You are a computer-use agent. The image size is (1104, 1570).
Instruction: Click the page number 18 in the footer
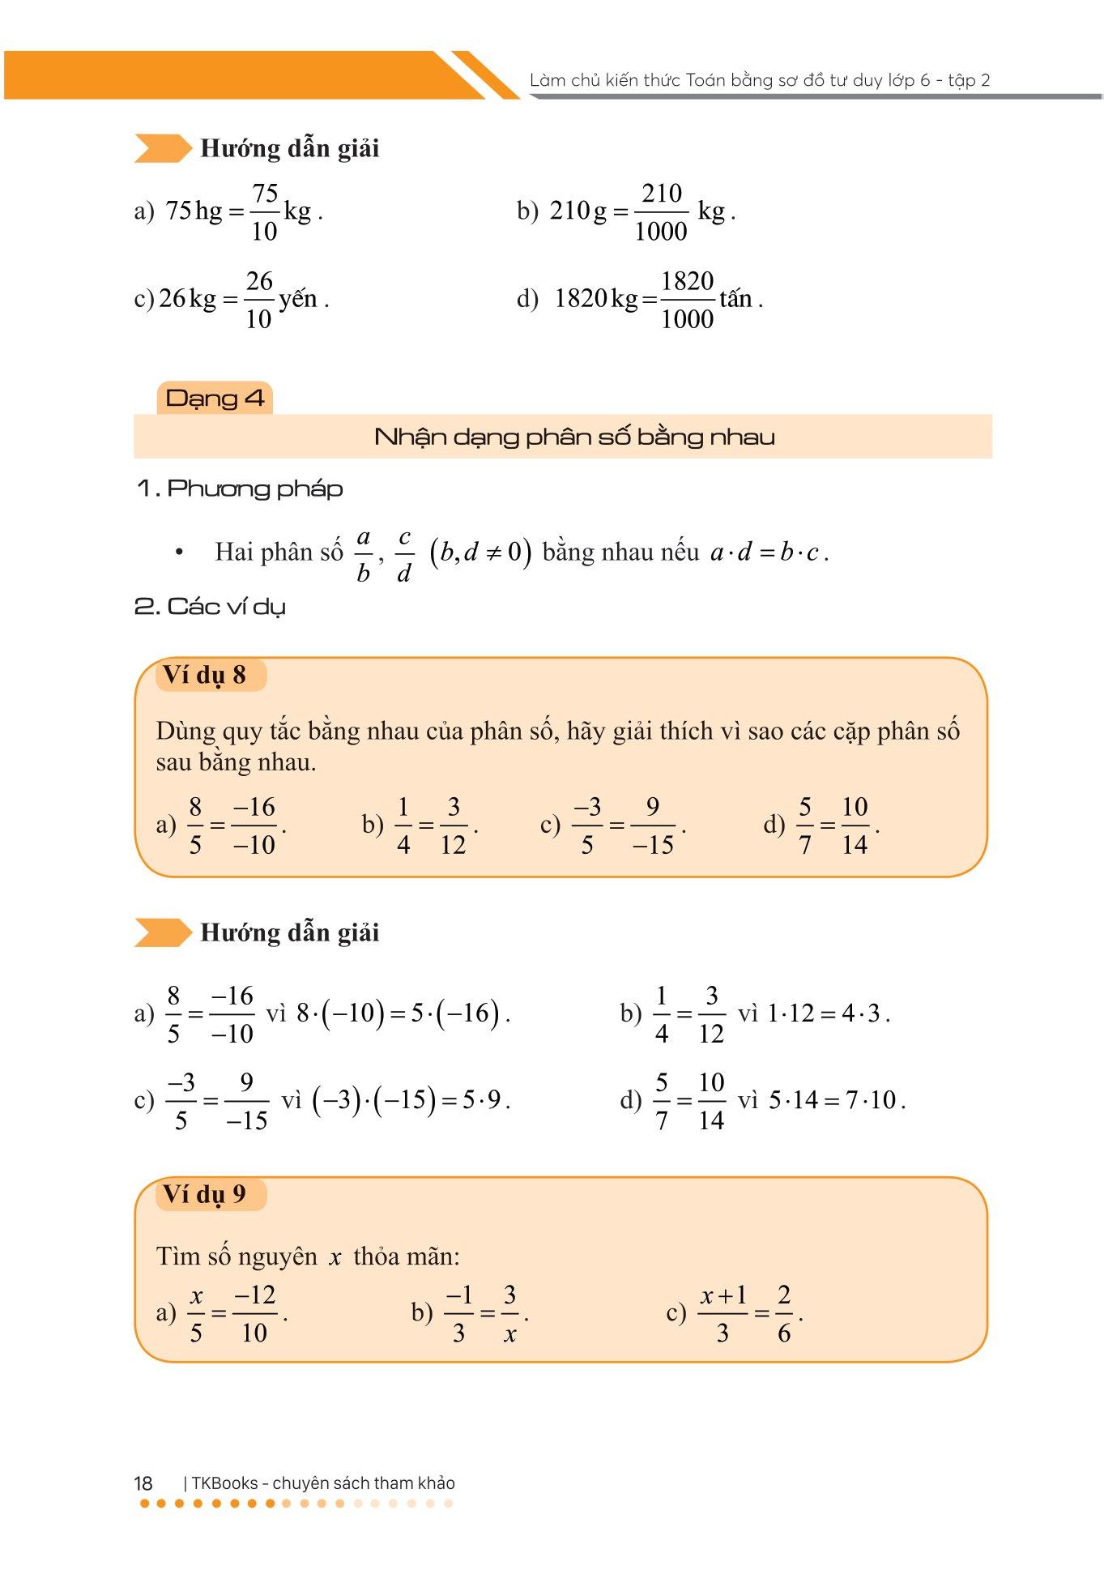click(x=143, y=1483)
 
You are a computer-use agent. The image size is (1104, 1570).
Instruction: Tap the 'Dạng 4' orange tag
click(x=215, y=398)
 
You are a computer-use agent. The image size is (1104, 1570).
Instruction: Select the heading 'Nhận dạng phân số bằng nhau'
click(x=574, y=437)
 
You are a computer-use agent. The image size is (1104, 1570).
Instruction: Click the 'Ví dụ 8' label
click(x=205, y=675)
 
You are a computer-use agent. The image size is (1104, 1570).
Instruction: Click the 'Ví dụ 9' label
click(x=205, y=1194)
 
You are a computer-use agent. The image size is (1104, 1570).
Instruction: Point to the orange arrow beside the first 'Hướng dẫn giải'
click(x=162, y=148)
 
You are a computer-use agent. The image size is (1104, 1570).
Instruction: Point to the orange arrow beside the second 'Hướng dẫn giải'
click(x=162, y=932)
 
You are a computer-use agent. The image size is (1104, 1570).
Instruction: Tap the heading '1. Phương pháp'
click(x=240, y=488)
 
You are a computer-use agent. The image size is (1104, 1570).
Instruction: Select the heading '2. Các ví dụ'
click(x=210, y=606)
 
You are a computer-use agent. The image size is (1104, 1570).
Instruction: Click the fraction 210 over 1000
click(x=661, y=212)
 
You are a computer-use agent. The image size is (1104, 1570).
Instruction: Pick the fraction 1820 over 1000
click(x=687, y=300)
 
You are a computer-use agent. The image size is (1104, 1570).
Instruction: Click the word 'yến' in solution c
click(x=298, y=299)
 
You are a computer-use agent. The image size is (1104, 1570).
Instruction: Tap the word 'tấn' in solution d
click(x=735, y=299)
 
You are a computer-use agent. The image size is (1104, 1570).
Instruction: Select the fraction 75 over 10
click(x=265, y=212)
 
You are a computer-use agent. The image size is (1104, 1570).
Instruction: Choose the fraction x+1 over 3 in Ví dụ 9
click(x=723, y=1313)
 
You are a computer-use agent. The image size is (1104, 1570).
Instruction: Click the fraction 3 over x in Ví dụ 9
click(x=509, y=1313)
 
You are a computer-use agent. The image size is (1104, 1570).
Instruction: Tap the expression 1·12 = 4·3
click(x=825, y=1013)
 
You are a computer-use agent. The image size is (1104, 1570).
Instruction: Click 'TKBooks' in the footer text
click(x=225, y=1483)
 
